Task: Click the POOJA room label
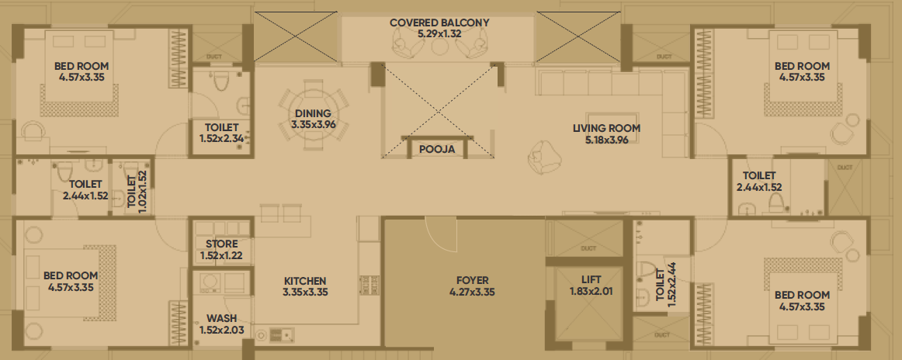tap(436, 150)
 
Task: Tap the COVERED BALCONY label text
tap(439, 23)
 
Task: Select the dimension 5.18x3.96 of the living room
tap(606, 139)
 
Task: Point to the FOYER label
tap(472, 281)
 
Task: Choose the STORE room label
tap(221, 244)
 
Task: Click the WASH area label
tap(221, 319)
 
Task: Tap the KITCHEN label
tap(305, 281)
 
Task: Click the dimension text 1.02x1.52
tap(143, 192)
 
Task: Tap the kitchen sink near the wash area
tap(282, 334)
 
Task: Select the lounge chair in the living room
tap(541, 157)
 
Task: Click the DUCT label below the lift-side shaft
tap(588, 248)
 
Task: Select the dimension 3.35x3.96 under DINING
tap(313, 124)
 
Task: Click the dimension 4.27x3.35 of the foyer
tap(472, 292)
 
